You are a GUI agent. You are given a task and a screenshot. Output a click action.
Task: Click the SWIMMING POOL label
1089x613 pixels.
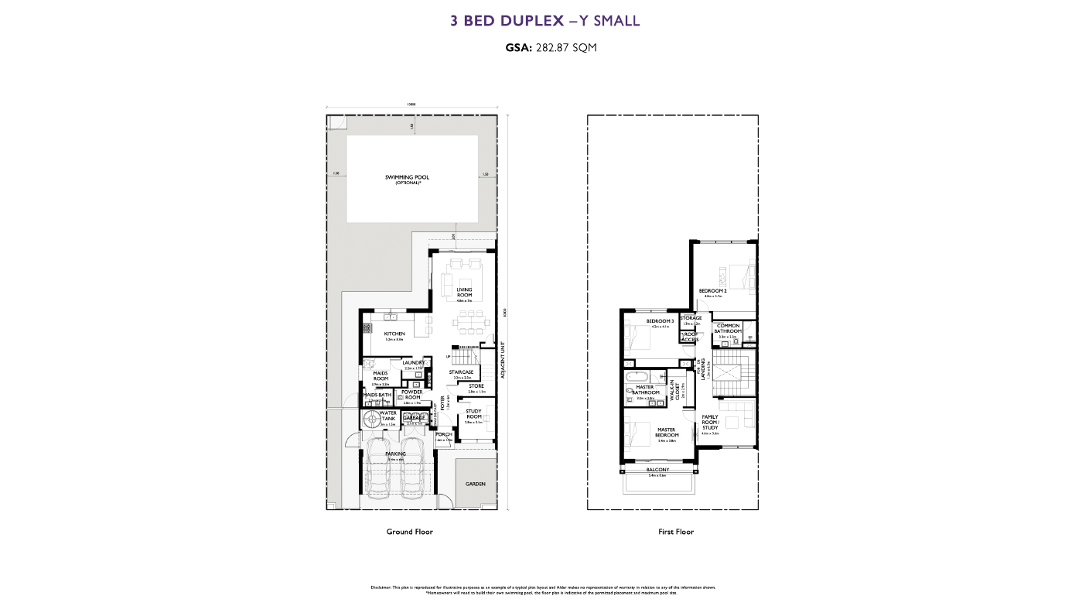(407, 178)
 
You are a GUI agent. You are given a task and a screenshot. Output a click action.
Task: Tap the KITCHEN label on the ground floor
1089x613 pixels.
(394, 334)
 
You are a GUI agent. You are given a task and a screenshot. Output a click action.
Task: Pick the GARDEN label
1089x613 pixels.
(475, 483)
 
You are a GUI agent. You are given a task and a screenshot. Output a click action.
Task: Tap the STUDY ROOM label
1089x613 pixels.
(473, 414)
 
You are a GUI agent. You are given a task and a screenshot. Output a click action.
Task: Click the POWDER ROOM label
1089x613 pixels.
(411, 395)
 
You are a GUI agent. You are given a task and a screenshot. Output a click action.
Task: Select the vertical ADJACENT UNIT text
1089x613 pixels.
(503, 359)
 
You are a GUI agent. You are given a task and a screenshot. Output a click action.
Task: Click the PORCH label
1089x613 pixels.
(444, 434)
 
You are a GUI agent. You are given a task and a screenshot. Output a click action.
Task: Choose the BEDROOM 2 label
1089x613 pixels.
(712, 291)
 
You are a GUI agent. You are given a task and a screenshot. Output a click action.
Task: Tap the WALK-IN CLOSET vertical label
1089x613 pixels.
(677, 392)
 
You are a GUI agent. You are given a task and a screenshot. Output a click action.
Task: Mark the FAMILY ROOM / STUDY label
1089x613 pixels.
(710, 422)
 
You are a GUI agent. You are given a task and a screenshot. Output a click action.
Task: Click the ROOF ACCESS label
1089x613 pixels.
(690, 337)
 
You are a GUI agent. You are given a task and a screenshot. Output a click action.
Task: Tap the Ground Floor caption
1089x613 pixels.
(409, 532)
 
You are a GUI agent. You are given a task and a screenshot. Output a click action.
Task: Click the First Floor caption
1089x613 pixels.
(675, 532)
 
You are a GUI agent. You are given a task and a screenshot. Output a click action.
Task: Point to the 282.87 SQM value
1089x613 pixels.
(565, 47)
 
